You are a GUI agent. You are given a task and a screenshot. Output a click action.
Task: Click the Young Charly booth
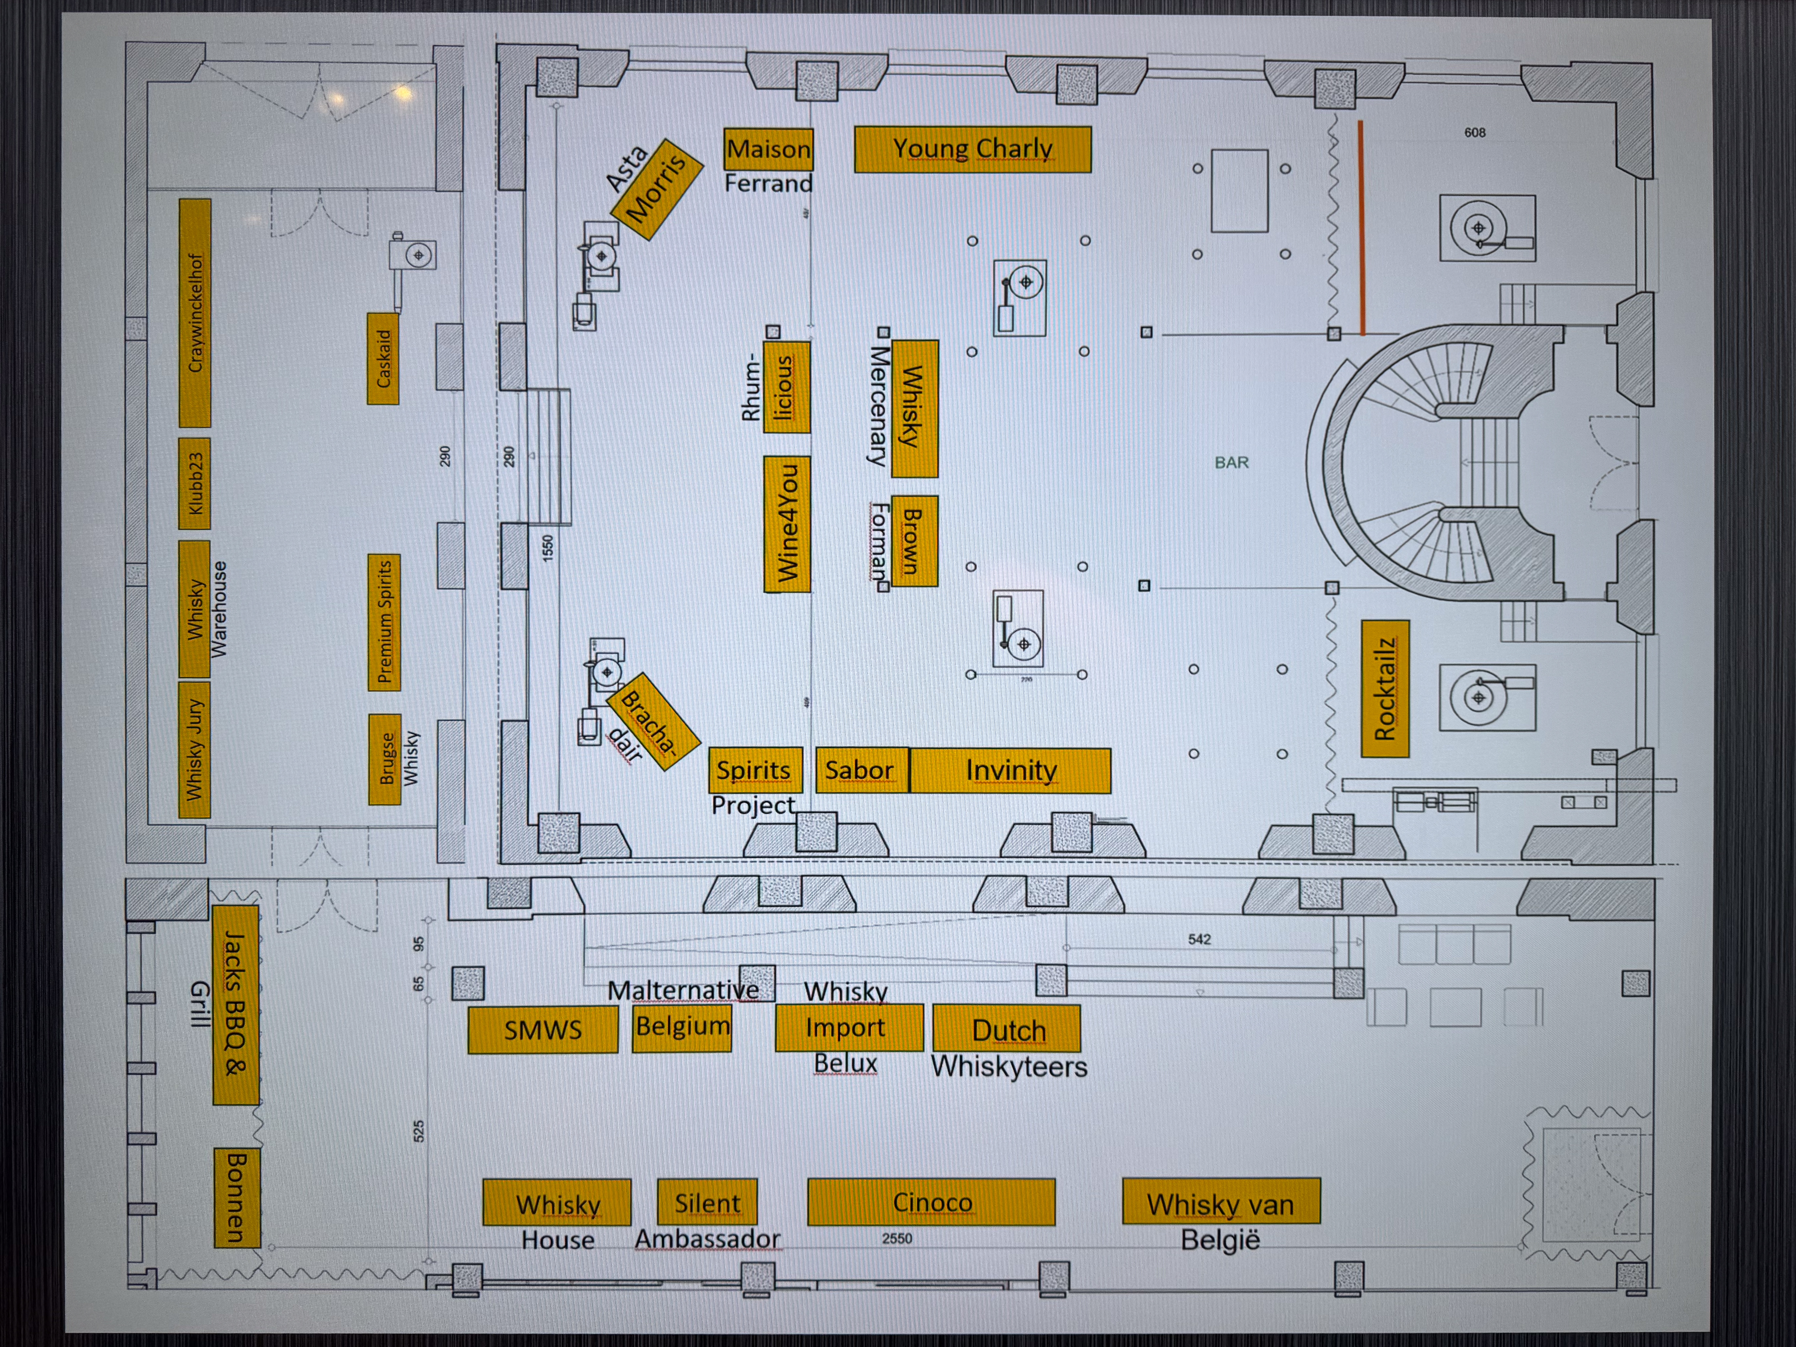pyautogui.click(x=973, y=149)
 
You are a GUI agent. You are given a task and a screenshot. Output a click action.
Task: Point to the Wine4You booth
pyautogui.click(x=787, y=524)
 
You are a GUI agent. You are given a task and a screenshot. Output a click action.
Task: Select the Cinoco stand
pyautogui.click(x=931, y=1202)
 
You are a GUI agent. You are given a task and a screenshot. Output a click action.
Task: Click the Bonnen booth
pyautogui.click(x=237, y=1198)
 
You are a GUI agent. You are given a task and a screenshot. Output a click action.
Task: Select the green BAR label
pyautogui.click(x=1232, y=462)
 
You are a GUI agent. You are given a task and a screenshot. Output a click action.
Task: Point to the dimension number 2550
pyautogui.click(x=897, y=1238)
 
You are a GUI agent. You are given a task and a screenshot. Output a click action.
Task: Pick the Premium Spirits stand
pyautogui.click(x=384, y=623)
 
